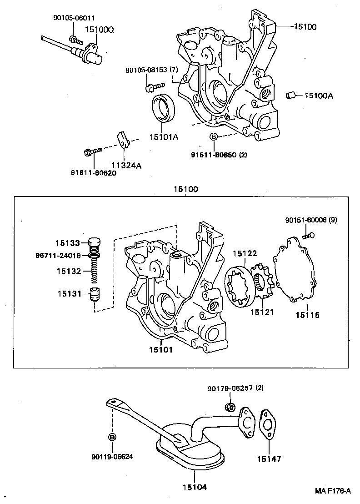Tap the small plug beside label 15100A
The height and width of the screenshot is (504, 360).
click(291, 95)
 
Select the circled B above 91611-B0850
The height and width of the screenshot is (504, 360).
click(213, 137)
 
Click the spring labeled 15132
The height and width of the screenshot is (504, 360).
click(94, 272)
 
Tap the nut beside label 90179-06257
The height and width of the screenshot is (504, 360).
click(230, 406)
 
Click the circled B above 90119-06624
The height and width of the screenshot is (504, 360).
click(112, 437)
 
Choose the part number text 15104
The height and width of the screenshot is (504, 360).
click(195, 487)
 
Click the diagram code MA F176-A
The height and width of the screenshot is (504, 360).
click(333, 491)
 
